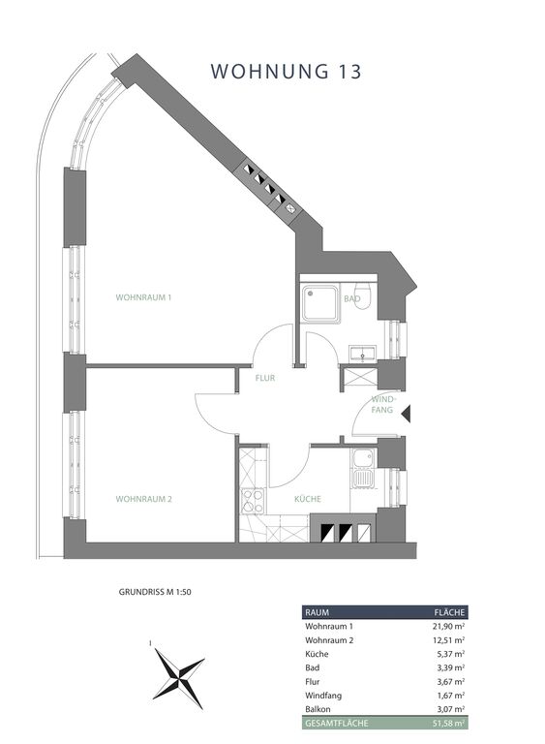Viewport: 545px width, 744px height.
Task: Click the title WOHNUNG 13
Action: tap(286, 71)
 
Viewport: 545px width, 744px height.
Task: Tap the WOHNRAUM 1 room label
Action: tap(143, 297)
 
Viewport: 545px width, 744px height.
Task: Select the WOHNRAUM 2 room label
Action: tap(143, 499)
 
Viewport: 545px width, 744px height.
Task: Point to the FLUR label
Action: tap(265, 378)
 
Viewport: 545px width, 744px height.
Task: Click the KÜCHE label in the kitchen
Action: tap(308, 499)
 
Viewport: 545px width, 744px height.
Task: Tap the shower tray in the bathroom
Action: tap(321, 303)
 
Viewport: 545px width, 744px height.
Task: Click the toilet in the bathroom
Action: tap(364, 297)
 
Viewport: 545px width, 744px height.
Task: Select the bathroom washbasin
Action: tap(362, 354)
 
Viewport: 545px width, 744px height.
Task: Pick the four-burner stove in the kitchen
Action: tap(253, 501)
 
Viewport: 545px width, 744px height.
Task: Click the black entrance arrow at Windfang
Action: tap(406, 415)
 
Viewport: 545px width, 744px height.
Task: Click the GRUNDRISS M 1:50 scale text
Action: tap(155, 592)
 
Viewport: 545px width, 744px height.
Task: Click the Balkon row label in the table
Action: tap(318, 709)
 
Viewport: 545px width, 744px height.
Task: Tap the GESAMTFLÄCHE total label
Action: tap(336, 724)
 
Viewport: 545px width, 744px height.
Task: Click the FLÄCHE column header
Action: tap(450, 612)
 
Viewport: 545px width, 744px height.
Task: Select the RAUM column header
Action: tap(317, 612)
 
